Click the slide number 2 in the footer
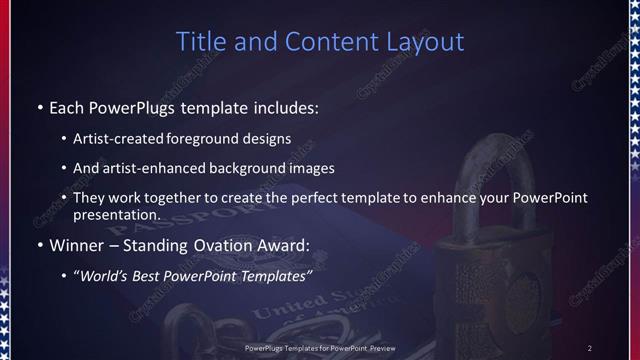590,347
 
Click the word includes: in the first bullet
290,107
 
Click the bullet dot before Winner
39,246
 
